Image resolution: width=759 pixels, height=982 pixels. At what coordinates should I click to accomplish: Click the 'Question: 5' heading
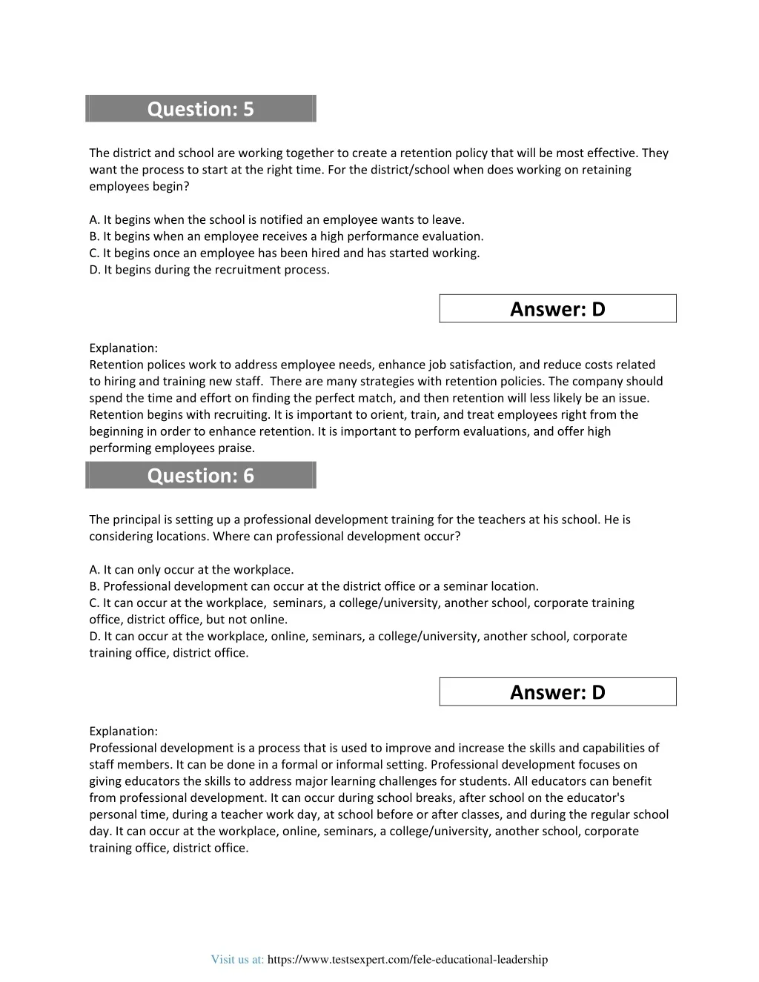(x=200, y=109)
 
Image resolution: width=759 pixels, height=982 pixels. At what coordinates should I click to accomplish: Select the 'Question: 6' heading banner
(x=200, y=475)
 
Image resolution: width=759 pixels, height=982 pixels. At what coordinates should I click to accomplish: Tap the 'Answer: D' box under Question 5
(x=557, y=309)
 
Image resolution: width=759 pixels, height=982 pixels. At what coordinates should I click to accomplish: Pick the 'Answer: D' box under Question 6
(x=557, y=692)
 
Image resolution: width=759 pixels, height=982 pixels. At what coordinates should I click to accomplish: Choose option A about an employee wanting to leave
(x=276, y=219)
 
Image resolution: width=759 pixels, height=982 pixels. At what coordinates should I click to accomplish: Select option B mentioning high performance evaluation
(x=286, y=236)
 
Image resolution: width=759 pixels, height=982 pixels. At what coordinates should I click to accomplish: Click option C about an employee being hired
(x=284, y=253)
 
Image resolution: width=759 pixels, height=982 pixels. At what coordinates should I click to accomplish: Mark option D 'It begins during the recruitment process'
(x=209, y=270)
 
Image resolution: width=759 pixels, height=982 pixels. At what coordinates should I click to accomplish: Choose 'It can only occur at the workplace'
(x=191, y=570)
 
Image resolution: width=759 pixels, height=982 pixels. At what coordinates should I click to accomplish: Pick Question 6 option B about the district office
(x=314, y=586)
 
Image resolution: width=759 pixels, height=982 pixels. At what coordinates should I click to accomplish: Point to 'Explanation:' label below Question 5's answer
(x=123, y=348)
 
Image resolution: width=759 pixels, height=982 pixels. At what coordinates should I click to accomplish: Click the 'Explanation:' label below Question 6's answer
(x=123, y=731)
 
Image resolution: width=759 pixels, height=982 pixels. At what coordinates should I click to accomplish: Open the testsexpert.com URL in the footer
(x=407, y=960)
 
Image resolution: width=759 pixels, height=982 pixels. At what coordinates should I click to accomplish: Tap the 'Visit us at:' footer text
(x=237, y=960)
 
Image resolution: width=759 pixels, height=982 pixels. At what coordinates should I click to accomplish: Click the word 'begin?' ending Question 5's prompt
(x=171, y=187)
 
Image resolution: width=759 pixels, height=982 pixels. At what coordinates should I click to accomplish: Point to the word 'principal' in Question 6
(x=137, y=520)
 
